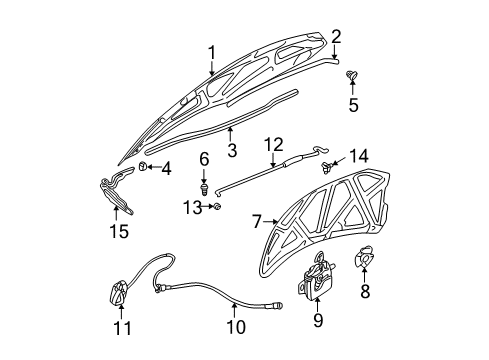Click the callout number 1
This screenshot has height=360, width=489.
pyautogui.click(x=212, y=52)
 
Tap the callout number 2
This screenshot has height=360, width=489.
pyautogui.click(x=336, y=38)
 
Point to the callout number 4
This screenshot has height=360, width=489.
pyautogui.click(x=166, y=168)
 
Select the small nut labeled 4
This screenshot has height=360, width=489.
pyautogui.click(x=145, y=166)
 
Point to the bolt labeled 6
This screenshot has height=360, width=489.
pyautogui.click(x=204, y=185)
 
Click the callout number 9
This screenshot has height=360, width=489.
pyautogui.click(x=319, y=320)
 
